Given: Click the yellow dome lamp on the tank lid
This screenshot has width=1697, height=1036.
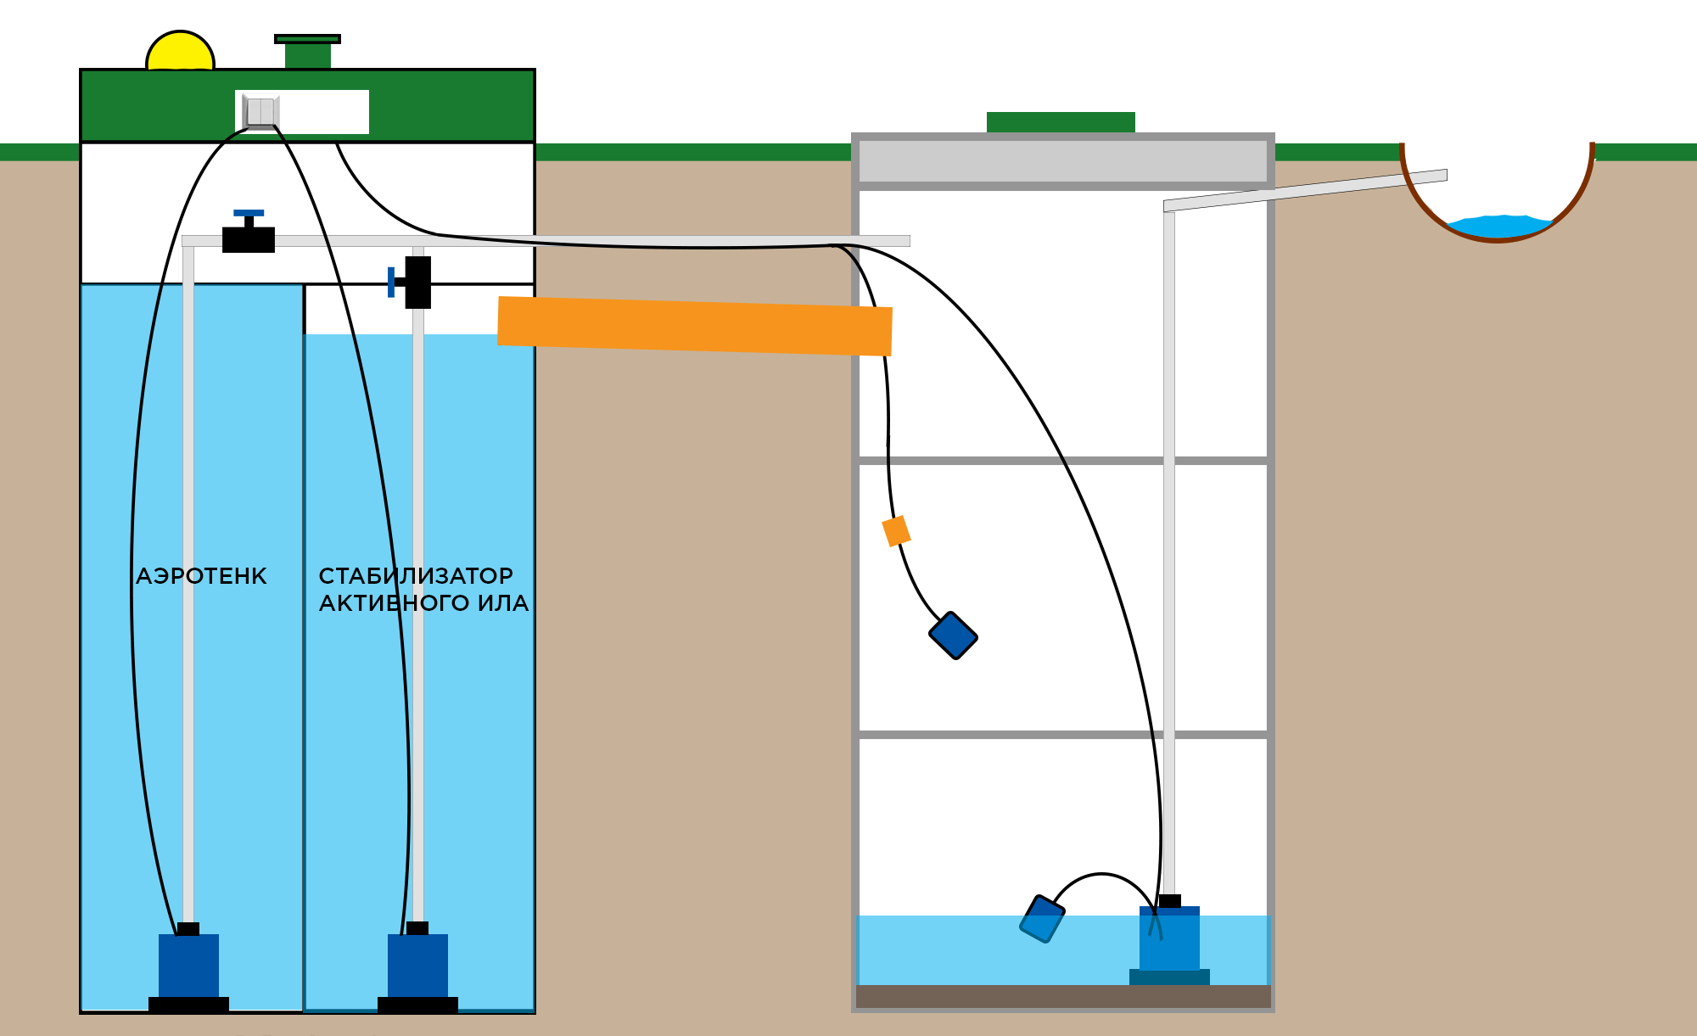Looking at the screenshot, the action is click(180, 52).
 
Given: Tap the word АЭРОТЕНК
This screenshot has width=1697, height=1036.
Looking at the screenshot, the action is click(201, 576).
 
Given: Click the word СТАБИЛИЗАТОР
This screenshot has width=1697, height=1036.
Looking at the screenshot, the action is click(416, 576).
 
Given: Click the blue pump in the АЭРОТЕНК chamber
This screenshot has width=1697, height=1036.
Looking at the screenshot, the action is click(188, 966).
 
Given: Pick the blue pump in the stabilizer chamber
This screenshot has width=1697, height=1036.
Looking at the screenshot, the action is click(417, 966).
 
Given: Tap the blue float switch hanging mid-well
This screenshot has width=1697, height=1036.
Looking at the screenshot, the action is click(954, 636).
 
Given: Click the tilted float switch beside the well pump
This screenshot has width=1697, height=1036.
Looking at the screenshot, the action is click(1042, 919).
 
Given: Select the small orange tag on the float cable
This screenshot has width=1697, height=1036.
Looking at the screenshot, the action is click(896, 531).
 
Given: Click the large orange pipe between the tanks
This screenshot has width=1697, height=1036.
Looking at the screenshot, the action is click(695, 326).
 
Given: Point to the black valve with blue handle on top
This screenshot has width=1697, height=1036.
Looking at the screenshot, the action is click(249, 232).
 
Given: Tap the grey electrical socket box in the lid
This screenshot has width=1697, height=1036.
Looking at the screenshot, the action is click(260, 112).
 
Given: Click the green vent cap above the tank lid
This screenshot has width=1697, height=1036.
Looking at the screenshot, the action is click(307, 52).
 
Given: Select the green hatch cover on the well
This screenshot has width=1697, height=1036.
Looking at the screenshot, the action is click(1061, 122).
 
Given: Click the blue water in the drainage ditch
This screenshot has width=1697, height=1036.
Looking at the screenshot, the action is click(1499, 227).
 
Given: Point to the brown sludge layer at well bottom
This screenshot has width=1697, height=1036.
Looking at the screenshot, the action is click(1063, 996).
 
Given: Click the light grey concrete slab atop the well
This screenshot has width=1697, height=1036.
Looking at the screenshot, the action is click(1063, 161).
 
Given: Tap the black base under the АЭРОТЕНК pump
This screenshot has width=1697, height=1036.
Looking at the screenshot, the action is click(188, 1005).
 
